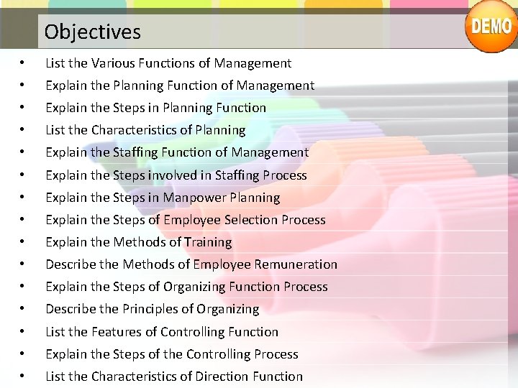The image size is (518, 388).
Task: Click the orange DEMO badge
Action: pyautogui.click(x=491, y=27)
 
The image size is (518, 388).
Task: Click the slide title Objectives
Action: pyautogui.click(x=92, y=32)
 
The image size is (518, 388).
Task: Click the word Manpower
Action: pyautogui.click(x=192, y=198)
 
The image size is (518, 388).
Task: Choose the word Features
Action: pyautogui.click(x=115, y=332)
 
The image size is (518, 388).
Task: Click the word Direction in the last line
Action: pyautogui.click(x=222, y=377)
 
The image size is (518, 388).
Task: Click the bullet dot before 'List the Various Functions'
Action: pyautogui.click(x=24, y=63)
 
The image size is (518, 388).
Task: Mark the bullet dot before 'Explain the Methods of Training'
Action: pyautogui.click(x=24, y=242)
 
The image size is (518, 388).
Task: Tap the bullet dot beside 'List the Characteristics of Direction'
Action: pyautogui.click(x=24, y=377)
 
